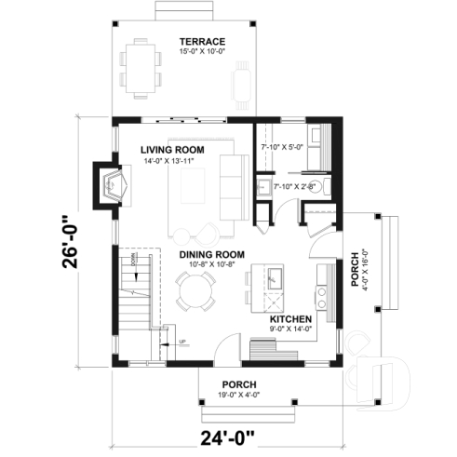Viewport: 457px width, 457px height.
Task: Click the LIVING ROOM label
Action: point(172,150)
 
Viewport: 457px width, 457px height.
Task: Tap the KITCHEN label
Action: point(290,318)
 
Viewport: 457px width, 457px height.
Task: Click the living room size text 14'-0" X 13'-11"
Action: point(172,161)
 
